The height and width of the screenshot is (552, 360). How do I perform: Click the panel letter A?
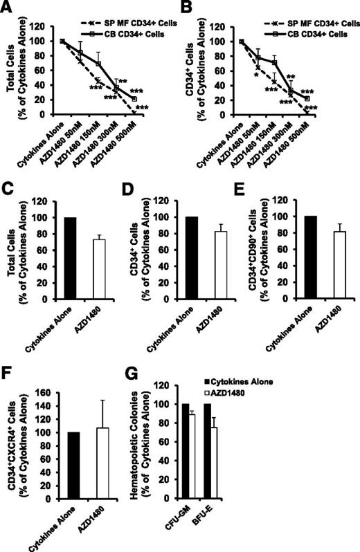click(x=8, y=8)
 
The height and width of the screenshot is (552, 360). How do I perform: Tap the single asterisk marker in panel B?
click(x=255, y=74)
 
